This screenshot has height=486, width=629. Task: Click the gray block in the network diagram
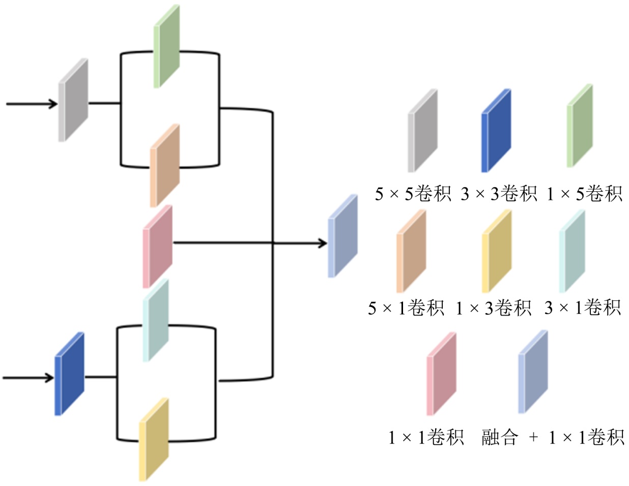coord(73,100)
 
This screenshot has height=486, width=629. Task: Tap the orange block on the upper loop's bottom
coord(164,166)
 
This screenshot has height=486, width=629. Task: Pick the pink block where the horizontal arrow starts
coord(157,247)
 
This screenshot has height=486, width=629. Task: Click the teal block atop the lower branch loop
coord(155,320)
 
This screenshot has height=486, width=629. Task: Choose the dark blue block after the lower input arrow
coord(69,374)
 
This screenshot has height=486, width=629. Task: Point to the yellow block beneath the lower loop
coord(154,439)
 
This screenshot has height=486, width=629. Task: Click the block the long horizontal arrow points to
coord(342,236)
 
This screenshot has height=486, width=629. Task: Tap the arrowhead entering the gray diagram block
coord(52,104)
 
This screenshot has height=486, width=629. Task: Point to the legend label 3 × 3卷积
coord(499,194)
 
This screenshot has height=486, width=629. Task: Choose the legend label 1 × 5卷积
coord(585,194)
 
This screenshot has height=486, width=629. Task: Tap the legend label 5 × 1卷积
coord(406,308)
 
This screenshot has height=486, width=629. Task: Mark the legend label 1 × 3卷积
coord(493,308)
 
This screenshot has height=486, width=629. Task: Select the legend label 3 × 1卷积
coord(583,308)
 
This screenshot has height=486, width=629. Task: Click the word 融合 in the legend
coord(500,438)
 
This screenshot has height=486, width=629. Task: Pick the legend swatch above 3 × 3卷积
coord(496,131)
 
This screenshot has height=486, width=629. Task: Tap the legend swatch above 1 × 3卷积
coord(496,251)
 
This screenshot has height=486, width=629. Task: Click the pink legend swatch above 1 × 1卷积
coord(441,374)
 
